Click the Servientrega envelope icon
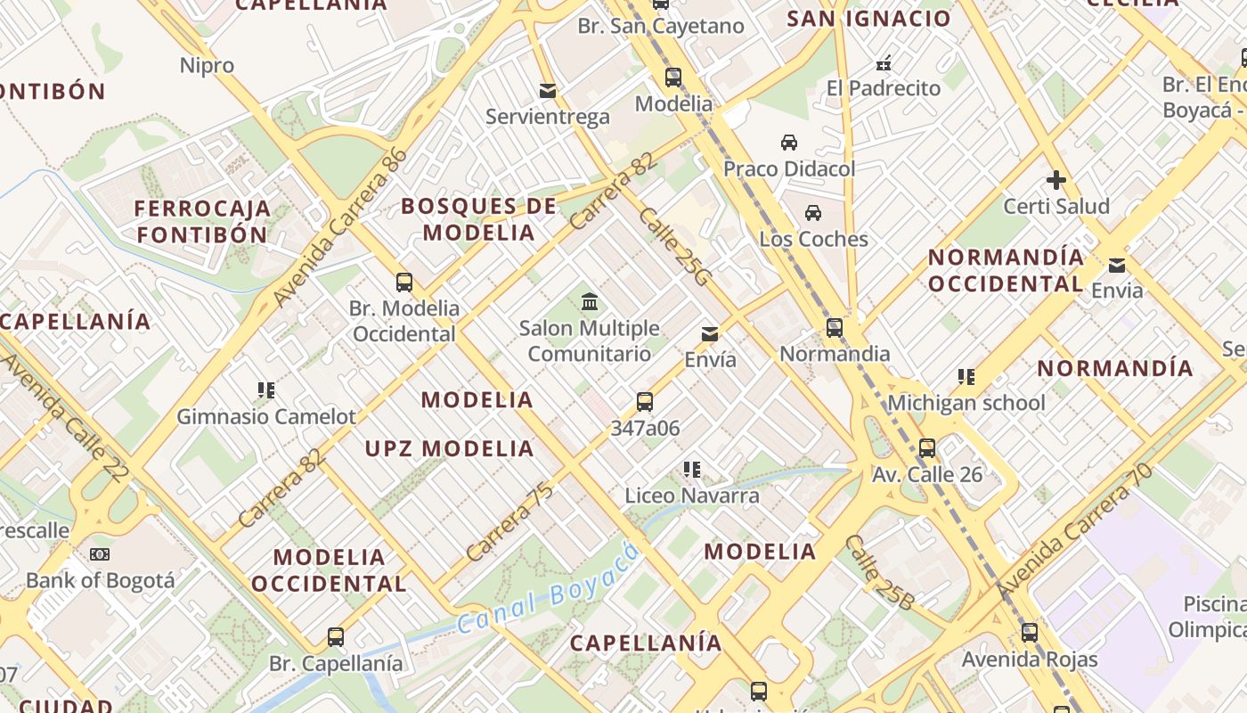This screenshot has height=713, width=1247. pyautogui.click(x=548, y=91)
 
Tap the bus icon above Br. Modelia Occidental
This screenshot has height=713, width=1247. pyautogui.click(x=404, y=283)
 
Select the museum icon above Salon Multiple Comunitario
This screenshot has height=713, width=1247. pyautogui.click(x=589, y=302)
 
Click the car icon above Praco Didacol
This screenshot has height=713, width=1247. pyautogui.click(x=788, y=143)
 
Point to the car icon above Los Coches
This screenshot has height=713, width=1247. pyautogui.click(x=812, y=213)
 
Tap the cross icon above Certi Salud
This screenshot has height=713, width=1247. pyautogui.click(x=1056, y=180)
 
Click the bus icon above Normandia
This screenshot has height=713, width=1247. pyautogui.click(x=834, y=328)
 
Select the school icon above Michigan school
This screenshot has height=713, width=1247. pyautogui.click(x=966, y=377)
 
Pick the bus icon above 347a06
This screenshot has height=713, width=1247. pyautogui.click(x=645, y=402)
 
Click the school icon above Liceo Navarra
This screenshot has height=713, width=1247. pyautogui.click(x=691, y=469)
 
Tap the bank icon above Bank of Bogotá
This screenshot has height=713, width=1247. pyautogui.click(x=100, y=554)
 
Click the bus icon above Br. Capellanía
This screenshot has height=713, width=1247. pyautogui.click(x=335, y=637)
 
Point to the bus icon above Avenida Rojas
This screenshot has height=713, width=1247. pyautogui.click(x=1030, y=633)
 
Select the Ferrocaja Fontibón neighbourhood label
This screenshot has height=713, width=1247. pyautogui.click(x=202, y=221)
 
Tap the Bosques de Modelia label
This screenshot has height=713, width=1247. pyautogui.click(x=479, y=219)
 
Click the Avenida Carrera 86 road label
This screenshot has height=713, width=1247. pyautogui.click(x=341, y=226)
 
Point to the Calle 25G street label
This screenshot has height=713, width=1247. pyautogui.click(x=674, y=247)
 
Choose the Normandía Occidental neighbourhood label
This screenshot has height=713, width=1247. pyautogui.click(x=1007, y=270)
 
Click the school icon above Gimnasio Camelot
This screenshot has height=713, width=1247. pyautogui.click(x=265, y=389)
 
